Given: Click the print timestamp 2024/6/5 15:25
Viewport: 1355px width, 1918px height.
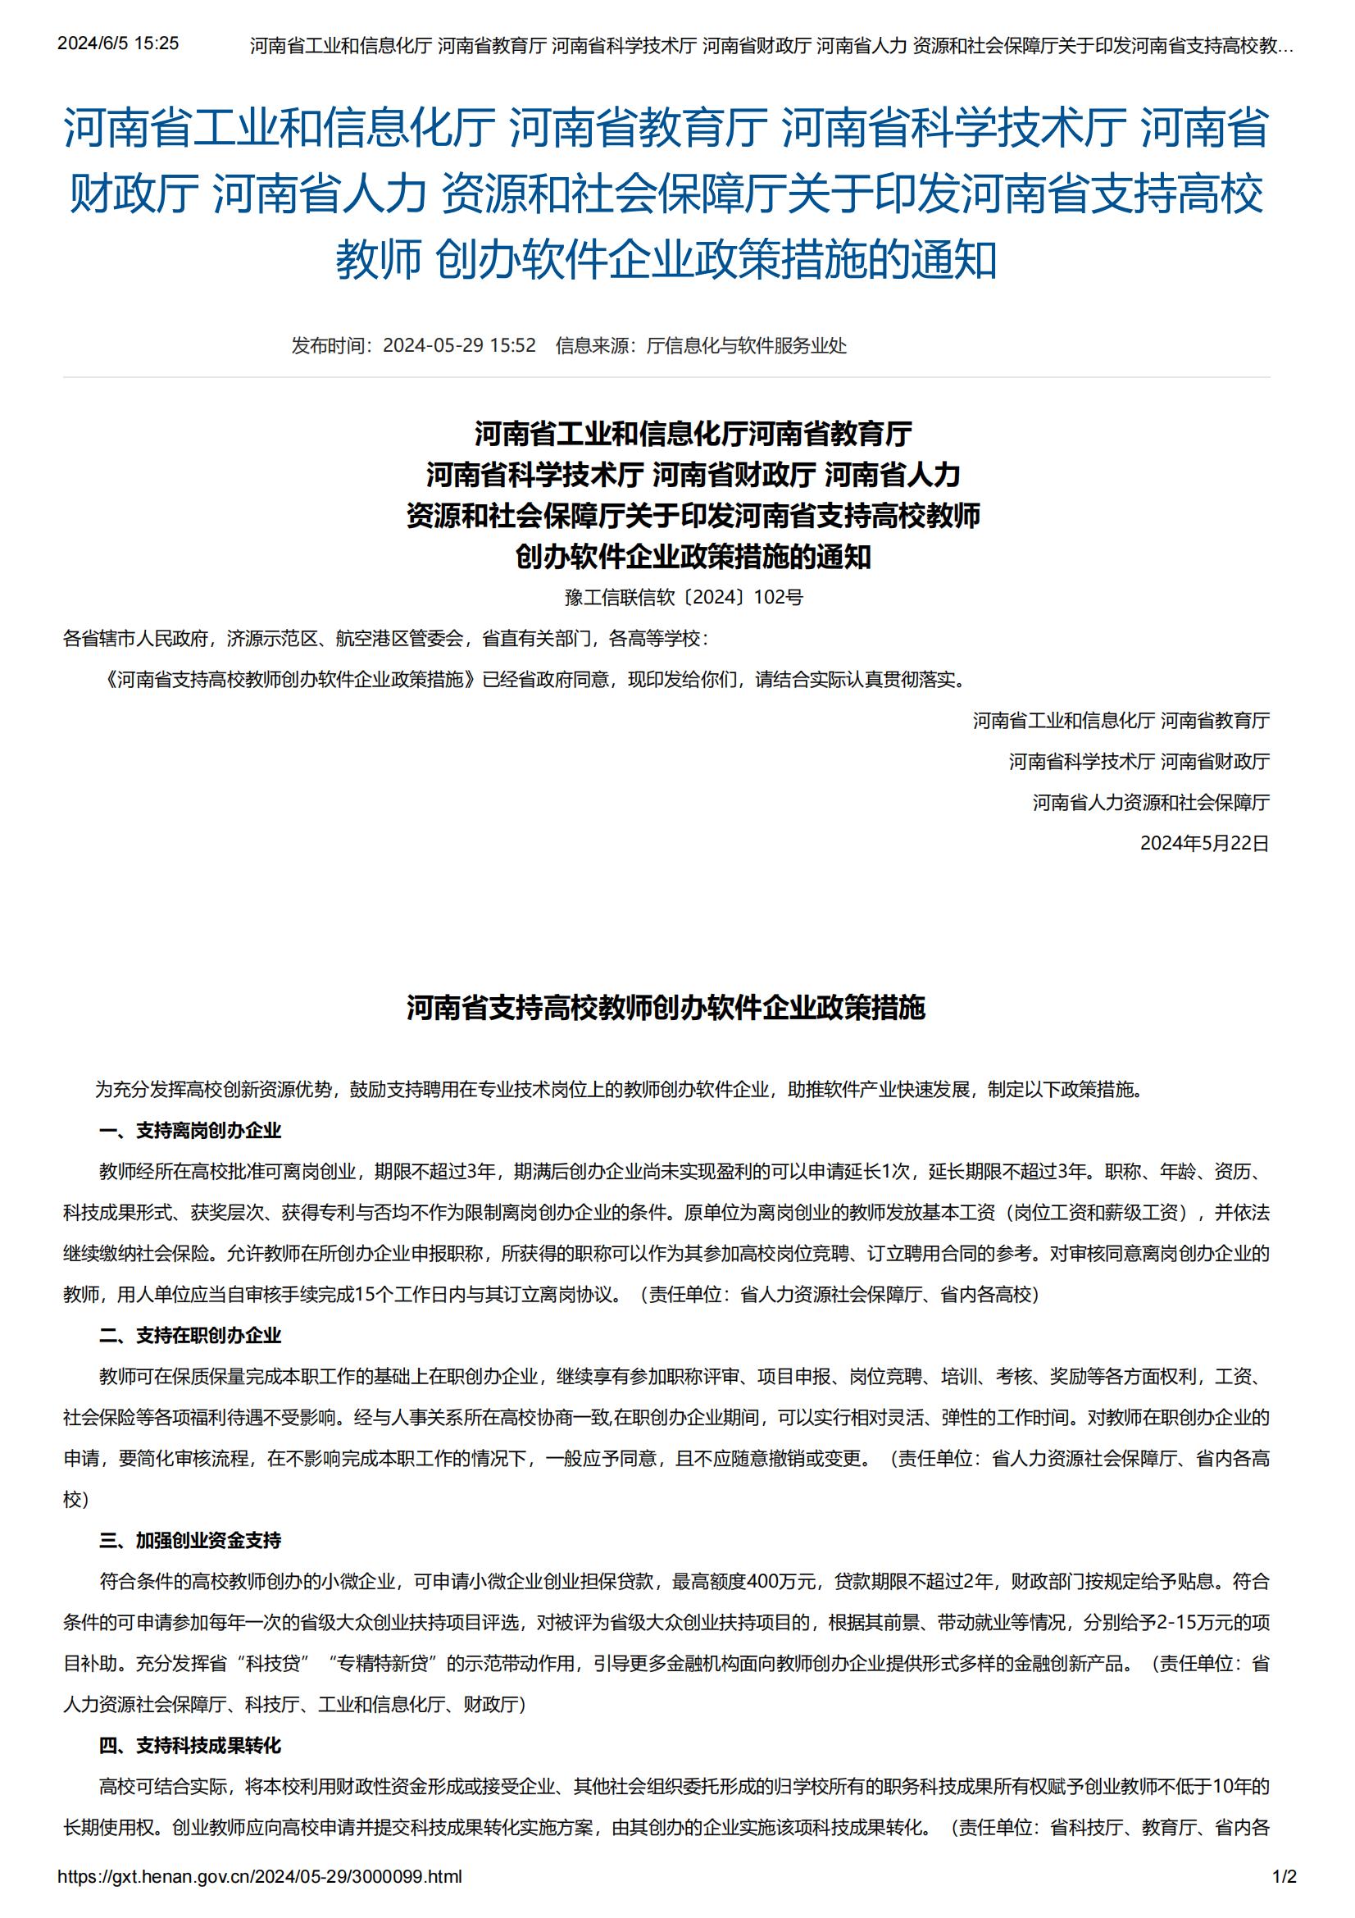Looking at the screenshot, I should [x=118, y=43].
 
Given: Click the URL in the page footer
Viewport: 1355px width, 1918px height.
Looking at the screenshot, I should [x=260, y=1876].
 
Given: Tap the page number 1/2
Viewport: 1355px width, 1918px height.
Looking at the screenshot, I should [x=1284, y=1876].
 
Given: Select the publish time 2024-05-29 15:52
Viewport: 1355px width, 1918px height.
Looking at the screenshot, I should [x=459, y=346].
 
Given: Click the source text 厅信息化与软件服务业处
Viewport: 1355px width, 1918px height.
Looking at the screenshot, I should [x=747, y=346].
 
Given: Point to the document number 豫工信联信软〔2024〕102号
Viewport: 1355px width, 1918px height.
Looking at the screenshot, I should [x=684, y=597].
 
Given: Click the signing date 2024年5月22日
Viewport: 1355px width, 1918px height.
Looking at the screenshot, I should [x=1204, y=844].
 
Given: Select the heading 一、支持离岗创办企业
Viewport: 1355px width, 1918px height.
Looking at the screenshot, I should [x=190, y=1131].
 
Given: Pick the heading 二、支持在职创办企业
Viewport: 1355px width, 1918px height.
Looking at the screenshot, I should [x=190, y=1336].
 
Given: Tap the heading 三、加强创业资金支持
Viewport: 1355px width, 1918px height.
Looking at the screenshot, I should [x=190, y=1541].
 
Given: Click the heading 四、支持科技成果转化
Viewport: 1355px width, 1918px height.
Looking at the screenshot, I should [x=190, y=1745].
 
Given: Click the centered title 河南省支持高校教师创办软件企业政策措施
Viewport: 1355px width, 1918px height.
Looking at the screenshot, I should [x=666, y=1009].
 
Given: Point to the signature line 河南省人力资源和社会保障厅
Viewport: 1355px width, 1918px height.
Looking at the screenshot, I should [x=1150, y=803].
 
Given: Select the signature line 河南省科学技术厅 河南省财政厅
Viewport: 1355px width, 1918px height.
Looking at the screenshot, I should [x=1139, y=762].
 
